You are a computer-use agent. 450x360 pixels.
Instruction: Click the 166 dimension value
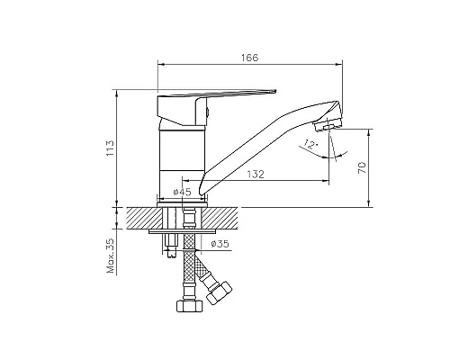[x=249, y=58]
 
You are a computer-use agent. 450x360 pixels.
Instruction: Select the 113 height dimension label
[x=110, y=148]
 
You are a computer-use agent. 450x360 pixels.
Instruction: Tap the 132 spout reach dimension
[x=256, y=175]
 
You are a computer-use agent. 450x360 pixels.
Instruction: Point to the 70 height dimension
[x=363, y=167]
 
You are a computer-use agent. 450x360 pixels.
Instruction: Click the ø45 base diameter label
[x=182, y=192]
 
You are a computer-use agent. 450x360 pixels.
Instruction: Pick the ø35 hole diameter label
[x=220, y=244]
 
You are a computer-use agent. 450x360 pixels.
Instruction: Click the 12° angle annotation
[x=310, y=145]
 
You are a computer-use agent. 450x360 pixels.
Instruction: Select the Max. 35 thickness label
[x=111, y=256]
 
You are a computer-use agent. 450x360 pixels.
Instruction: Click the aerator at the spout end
[x=327, y=125]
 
